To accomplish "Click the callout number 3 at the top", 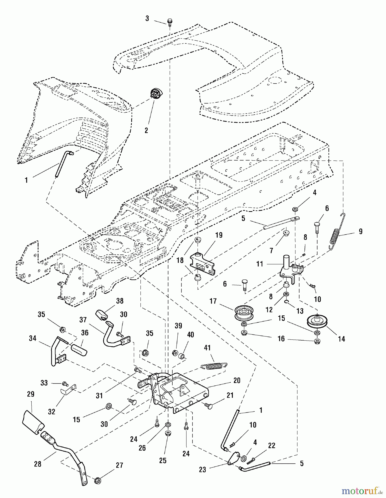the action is click(147, 19).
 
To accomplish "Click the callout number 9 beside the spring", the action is click(361, 231).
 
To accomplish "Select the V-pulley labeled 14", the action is click(317, 322).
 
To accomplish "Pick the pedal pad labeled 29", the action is click(33, 419).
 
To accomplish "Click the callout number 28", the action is click(38, 464).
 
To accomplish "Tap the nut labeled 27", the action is click(97, 480).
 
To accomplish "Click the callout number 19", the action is click(219, 235).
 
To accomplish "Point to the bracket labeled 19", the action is click(203, 264).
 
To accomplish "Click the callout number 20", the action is click(237, 380).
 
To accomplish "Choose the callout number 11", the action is click(260, 264).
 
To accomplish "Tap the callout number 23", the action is click(203, 470).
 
